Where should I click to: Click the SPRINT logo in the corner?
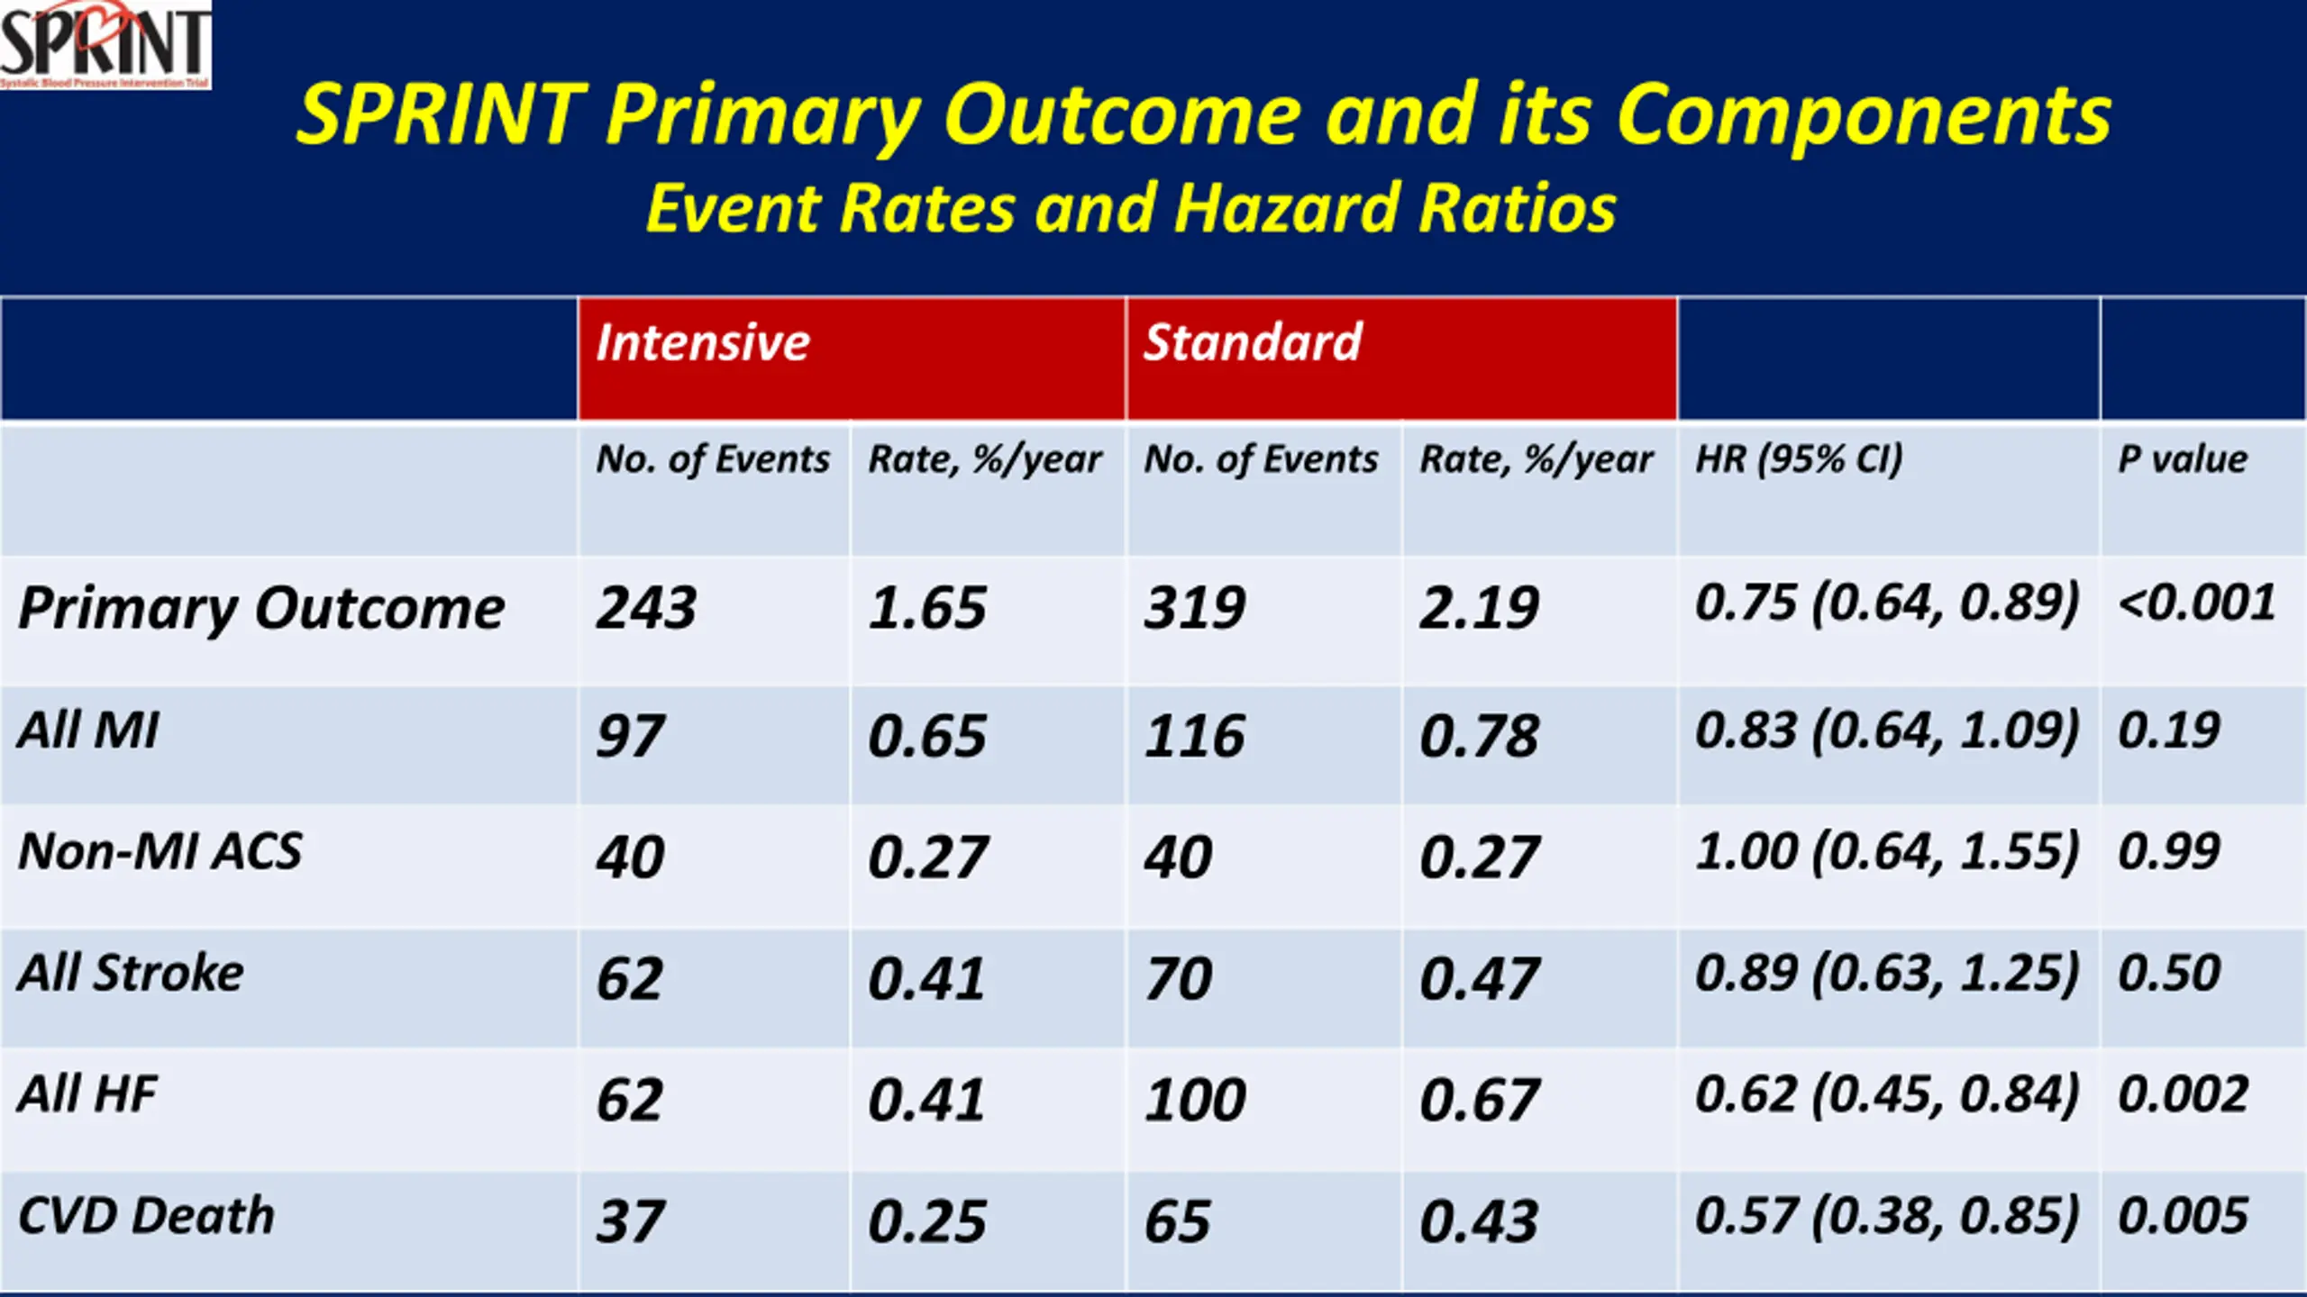click(105, 44)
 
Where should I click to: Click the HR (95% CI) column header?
click(1799, 459)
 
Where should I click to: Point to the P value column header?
click(2182, 459)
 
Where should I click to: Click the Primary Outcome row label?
click(261, 610)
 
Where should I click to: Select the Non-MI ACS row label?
click(160, 852)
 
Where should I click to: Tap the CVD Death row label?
click(146, 1216)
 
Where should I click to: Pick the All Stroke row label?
click(131, 974)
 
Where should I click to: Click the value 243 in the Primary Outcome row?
click(646, 608)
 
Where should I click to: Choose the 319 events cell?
click(1195, 608)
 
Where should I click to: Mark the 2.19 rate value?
click(1479, 608)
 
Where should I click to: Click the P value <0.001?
click(2197, 603)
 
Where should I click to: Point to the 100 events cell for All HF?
click(1195, 1101)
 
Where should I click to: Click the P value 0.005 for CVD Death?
click(2183, 1216)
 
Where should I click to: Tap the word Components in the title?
click(1864, 115)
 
